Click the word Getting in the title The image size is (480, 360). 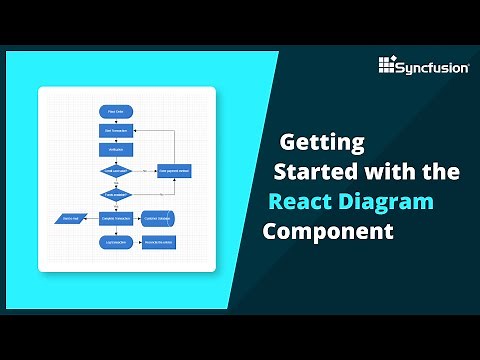(321, 141)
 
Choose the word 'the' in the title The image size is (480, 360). (441, 171)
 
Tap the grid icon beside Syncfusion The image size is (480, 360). (389, 66)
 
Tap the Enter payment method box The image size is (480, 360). (175, 172)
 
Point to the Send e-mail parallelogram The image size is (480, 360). (69, 218)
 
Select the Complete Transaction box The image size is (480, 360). (115, 218)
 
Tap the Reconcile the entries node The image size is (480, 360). (160, 242)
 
